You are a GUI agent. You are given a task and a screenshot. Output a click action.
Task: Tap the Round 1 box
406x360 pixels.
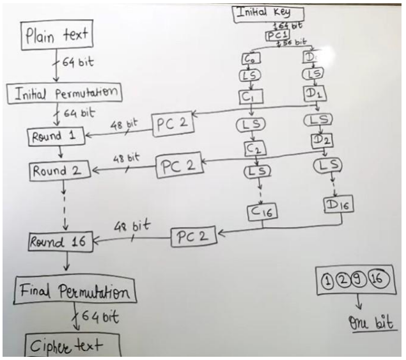point(56,136)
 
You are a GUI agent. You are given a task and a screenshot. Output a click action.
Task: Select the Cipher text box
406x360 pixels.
point(66,345)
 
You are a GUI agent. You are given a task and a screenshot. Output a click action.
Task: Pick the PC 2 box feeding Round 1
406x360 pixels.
point(171,124)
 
